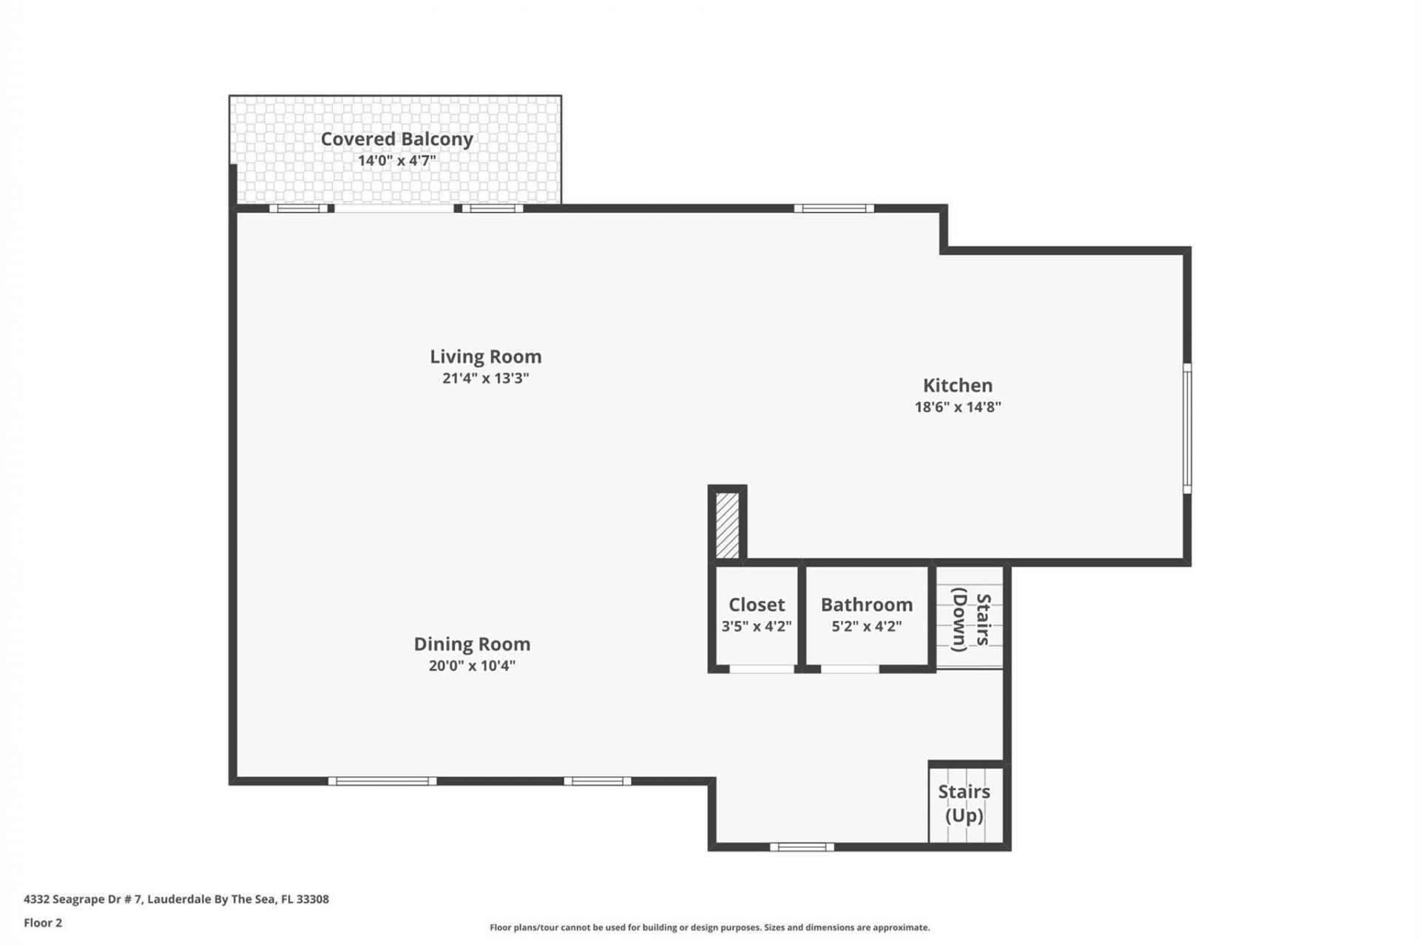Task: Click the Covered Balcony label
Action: (396, 139)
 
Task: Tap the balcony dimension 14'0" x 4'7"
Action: (396, 160)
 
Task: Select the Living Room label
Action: (485, 356)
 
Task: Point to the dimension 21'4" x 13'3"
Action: (485, 378)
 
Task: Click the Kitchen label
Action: (957, 385)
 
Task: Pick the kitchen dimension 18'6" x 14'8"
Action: (957, 406)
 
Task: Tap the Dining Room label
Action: (472, 644)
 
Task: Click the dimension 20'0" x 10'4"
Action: (472, 665)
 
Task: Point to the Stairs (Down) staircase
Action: (970, 619)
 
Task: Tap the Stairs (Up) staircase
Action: (964, 804)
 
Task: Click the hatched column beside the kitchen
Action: (727, 525)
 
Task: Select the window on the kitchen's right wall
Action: (1187, 428)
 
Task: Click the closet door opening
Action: (762, 669)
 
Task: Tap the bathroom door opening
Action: (850, 669)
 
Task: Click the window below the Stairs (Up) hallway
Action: (802, 847)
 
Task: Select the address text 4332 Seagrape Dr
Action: (176, 899)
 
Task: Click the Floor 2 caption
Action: (43, 922)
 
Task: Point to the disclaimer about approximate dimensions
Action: (709, 928)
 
